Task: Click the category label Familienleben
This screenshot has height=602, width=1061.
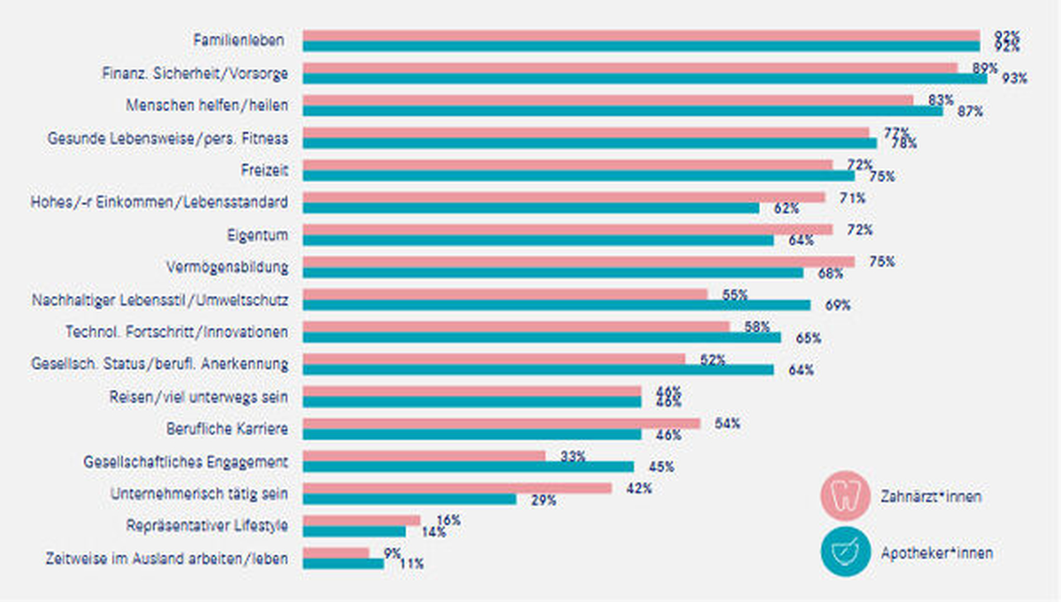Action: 238,40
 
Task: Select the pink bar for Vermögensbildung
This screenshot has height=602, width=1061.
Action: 578,262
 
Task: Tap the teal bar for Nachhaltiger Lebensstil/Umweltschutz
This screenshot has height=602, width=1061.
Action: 556,305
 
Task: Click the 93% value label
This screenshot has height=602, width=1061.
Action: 1014,79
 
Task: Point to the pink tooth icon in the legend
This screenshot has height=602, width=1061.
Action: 845,496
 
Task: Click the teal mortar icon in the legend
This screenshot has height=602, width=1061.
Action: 845,552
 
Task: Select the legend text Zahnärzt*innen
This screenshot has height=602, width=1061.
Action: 930,496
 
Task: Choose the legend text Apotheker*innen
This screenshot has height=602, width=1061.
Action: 936,553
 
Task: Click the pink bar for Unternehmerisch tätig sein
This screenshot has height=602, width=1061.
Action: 457,489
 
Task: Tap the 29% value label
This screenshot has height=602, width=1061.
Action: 543,500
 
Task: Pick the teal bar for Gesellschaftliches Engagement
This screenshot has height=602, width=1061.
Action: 468,467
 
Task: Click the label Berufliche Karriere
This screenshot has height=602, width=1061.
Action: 227,429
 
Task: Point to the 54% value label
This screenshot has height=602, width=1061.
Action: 727,424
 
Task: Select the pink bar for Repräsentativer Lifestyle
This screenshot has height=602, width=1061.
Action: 361,520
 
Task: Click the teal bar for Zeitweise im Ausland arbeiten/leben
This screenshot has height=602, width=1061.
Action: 343,563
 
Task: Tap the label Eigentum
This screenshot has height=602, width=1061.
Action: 257,235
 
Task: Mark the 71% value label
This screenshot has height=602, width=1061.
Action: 852,198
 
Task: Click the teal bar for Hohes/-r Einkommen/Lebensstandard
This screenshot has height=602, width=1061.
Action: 530,208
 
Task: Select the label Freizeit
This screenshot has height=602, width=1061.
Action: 264,170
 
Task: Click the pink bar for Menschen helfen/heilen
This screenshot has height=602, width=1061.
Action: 608,100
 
